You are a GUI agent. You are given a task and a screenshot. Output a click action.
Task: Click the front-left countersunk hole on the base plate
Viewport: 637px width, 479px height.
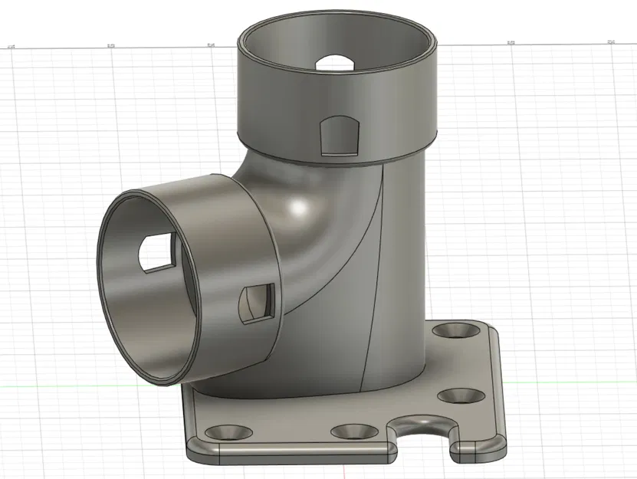[228, 432]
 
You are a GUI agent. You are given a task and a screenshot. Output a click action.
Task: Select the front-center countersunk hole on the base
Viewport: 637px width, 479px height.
[353, 431]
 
